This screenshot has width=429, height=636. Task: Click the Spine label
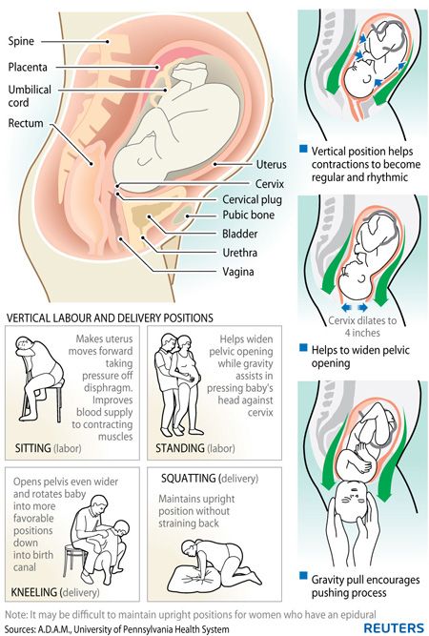[21, 41]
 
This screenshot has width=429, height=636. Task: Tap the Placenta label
[28, 67]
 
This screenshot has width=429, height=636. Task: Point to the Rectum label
[26, 123]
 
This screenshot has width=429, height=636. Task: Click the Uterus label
[272, 165]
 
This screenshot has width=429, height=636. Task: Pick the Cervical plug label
[252, 199]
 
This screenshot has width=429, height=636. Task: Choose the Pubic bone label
[248, 215]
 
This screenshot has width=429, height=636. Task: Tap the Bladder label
[239, 234]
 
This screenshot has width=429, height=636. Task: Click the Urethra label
[239, 253]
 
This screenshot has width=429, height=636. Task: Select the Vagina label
[238, 272]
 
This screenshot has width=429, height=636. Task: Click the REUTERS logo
[394, 626]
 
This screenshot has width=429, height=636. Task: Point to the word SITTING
[32, 448]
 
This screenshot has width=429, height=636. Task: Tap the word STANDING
[180, 448]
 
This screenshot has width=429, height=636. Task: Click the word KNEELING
[34, 592]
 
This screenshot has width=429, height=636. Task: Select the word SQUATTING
[188, 479]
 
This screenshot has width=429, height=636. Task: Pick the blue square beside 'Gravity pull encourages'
[303, 576]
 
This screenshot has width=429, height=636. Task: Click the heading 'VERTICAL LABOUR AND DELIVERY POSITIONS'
[110, 318]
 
